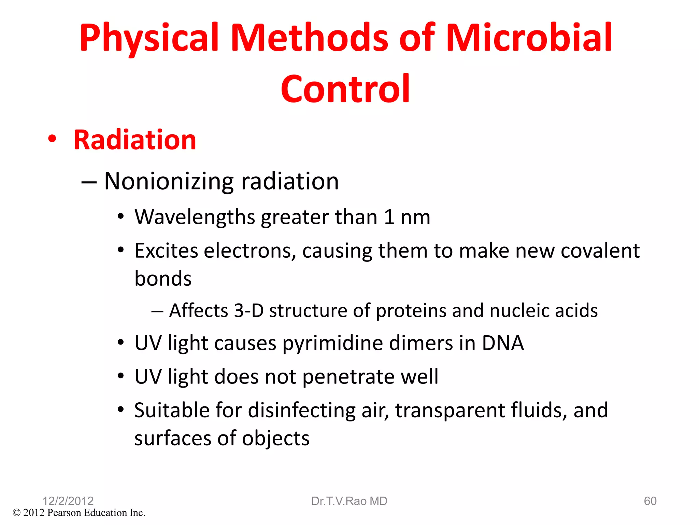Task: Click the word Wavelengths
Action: (195, 217)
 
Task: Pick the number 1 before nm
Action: (389, 217)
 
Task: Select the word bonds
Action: (163, 279)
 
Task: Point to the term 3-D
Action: (249, 311)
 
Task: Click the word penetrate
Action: (348, 377)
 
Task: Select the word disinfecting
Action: (302, 410)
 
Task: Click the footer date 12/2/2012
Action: (68, 501)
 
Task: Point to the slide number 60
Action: (650, 501)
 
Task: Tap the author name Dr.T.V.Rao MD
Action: (349, 501)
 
